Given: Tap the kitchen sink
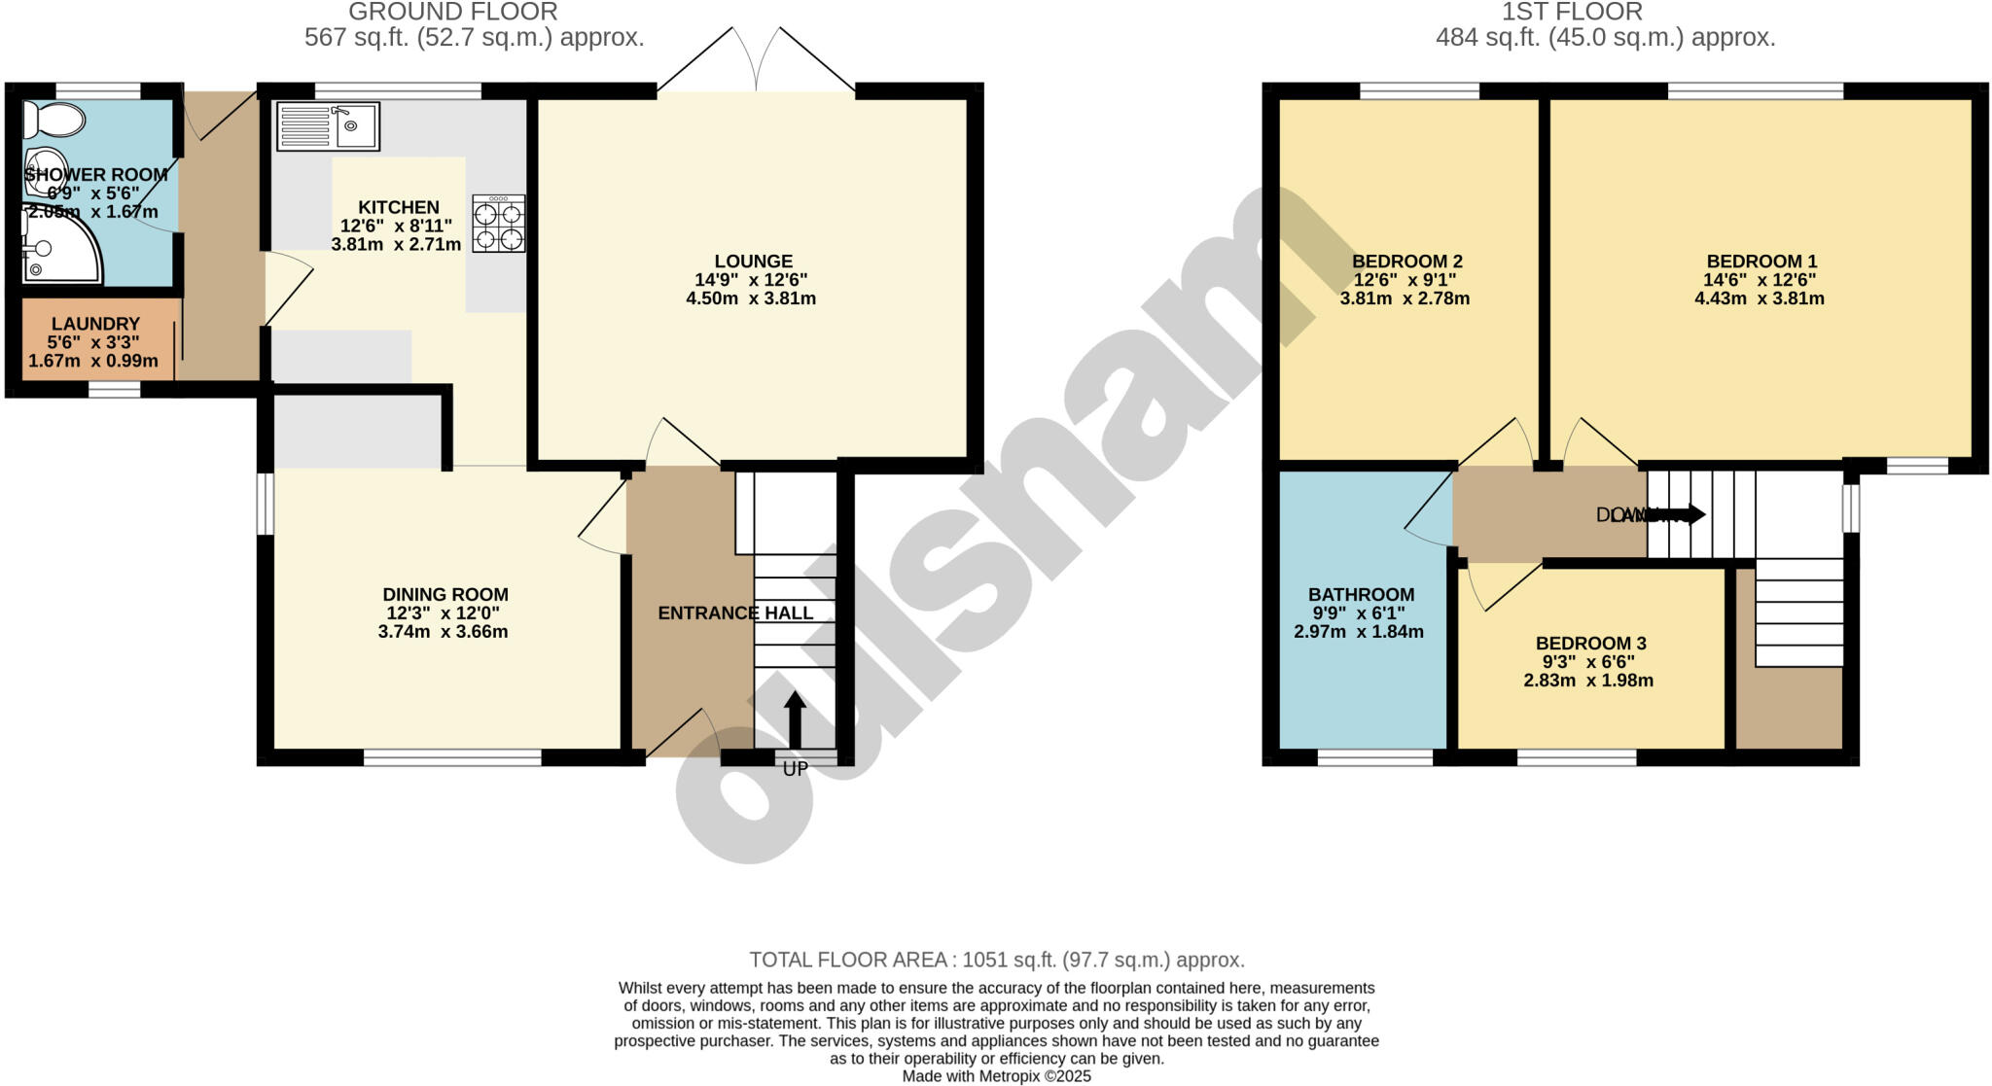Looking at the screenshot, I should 328,126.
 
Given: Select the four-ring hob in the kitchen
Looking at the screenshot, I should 498,225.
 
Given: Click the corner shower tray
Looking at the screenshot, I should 60,249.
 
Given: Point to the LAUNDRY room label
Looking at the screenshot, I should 95,324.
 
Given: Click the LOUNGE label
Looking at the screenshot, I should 753,262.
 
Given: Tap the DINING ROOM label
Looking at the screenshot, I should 445,595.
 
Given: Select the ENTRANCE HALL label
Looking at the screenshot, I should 735,613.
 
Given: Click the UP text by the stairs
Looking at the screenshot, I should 796,769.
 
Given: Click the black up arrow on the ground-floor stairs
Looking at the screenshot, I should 796,718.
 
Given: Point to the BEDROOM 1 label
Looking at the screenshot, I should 1761,262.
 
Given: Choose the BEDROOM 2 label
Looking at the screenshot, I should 1406,262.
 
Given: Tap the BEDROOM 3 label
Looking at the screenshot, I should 1590,644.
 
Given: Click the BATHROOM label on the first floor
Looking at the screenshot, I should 1361,595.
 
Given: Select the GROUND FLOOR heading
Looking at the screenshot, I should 453,13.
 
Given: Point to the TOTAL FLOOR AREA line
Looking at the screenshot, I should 996,961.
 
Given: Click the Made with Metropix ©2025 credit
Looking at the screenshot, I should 996,1076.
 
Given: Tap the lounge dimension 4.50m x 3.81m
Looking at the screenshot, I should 751,298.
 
